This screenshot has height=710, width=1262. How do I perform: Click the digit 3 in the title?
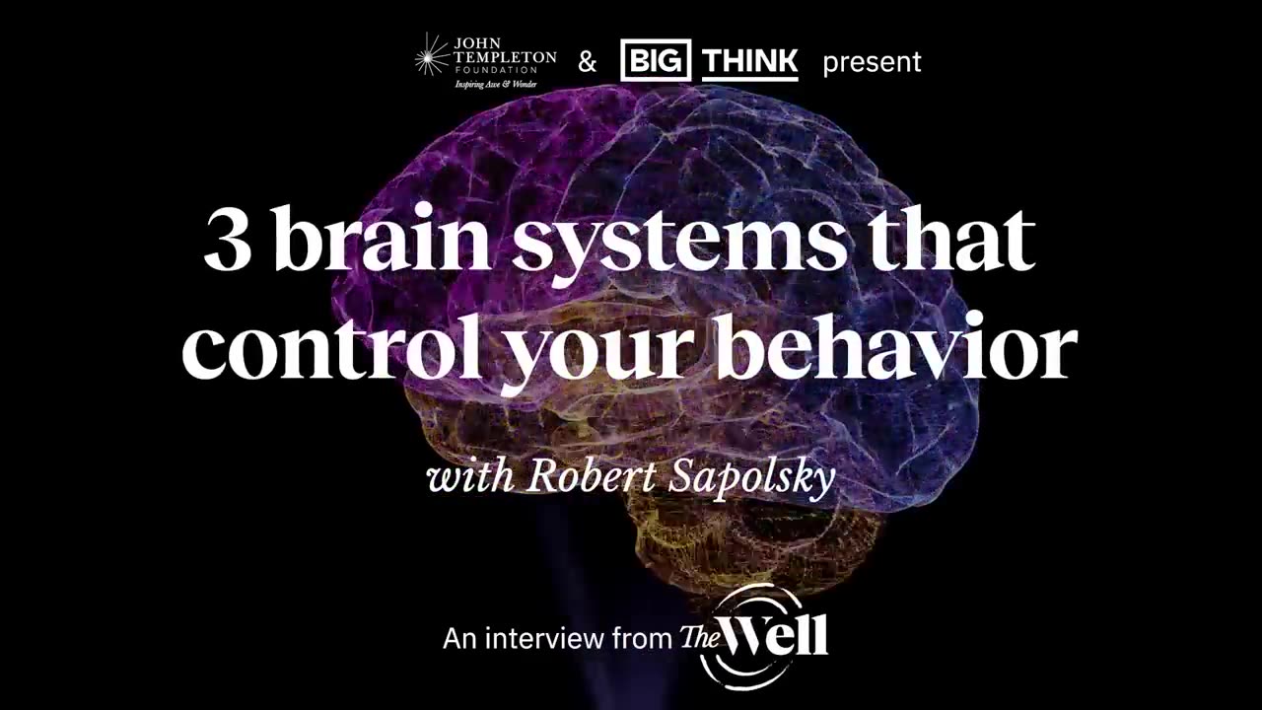[228, 243]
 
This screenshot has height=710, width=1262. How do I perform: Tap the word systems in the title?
[677, 245]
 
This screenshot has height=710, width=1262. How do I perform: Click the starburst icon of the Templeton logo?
[431, 57]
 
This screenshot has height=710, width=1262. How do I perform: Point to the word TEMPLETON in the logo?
[505, 57]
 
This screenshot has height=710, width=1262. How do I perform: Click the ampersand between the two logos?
[587, 62]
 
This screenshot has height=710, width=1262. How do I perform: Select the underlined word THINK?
[750, 61]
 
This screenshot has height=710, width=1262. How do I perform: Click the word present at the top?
[872, 62]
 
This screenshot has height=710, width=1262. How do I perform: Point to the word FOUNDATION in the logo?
[503, 70]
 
